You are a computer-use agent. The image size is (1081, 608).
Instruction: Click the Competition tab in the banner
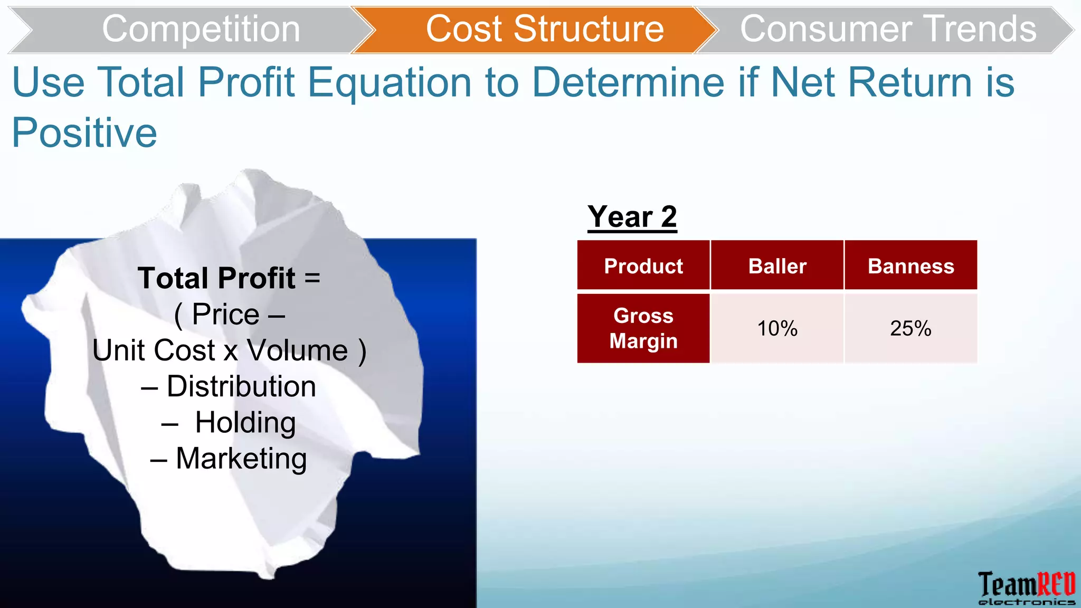[201, 29]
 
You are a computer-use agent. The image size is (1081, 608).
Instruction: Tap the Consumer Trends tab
[888, 29]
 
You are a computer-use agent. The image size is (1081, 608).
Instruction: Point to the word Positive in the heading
[84, 132]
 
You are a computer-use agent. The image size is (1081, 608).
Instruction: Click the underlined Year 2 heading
[632, 217]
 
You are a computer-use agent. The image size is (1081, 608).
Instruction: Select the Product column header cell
[643, 266]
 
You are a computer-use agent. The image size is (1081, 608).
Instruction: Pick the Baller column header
[777, 266]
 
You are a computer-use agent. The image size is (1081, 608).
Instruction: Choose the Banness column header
[911, 266]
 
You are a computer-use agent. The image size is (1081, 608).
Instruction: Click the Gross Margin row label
[643, 328]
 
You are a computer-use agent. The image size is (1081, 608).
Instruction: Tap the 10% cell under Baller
[777, 328]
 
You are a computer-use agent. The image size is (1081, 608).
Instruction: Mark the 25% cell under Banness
[911, 328]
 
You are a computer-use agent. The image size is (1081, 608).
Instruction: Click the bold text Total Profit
[216, 278]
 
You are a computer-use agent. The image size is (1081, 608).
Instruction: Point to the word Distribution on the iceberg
[241, 386]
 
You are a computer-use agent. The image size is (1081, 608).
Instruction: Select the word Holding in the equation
[245, 422]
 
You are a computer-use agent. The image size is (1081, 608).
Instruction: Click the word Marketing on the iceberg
[241, 458]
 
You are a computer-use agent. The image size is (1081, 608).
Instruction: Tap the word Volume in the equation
[297, 350]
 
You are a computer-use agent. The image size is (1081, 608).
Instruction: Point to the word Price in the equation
[225, 315]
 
